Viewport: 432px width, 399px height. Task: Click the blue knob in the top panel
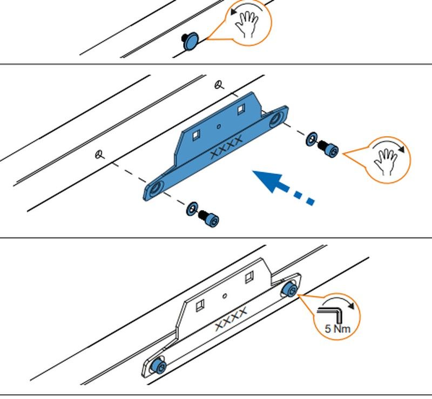pos(191,42)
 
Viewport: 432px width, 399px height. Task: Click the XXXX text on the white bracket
pos(231,319)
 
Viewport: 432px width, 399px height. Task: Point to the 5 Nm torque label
pos(337,328)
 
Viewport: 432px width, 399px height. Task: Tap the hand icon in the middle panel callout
pos(387,160)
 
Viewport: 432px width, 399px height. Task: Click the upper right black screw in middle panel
pos(328,148)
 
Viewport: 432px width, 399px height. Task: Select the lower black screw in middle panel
pos(208,218)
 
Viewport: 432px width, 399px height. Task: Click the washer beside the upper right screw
pos(311,138)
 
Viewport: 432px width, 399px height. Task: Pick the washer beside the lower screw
pos(192,208)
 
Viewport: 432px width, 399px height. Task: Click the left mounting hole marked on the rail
pos(99,154)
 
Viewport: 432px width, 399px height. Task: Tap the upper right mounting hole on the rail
pos(219,84)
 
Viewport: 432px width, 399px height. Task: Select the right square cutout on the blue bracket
pos(241,109)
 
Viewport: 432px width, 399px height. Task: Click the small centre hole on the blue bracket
pos(218,127)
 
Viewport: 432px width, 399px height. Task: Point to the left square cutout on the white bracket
pos(199,306)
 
